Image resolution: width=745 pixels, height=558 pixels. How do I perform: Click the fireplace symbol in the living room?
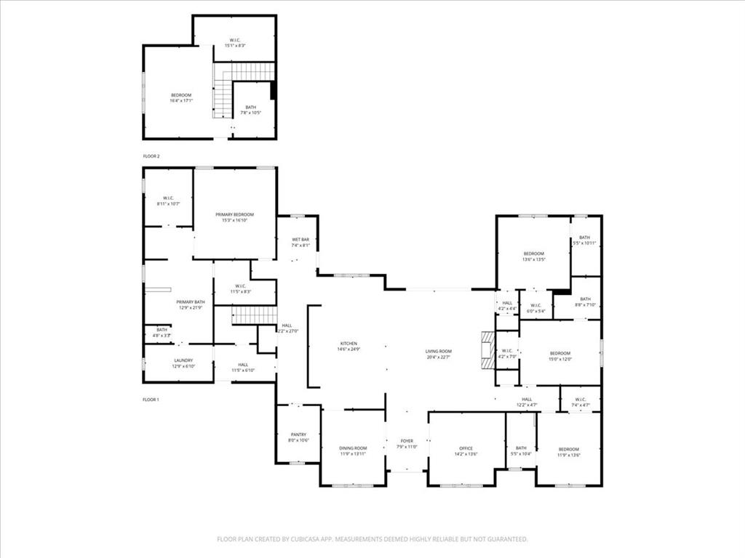tap(486, 350)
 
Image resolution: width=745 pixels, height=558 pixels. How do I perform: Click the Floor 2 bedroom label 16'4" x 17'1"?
tap(180, 98)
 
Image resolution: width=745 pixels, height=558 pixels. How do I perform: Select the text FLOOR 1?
tap(151, 400)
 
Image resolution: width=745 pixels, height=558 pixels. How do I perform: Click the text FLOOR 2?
tap(151, 156)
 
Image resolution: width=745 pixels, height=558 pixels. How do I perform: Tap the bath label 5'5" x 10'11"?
tap(585, 240)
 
